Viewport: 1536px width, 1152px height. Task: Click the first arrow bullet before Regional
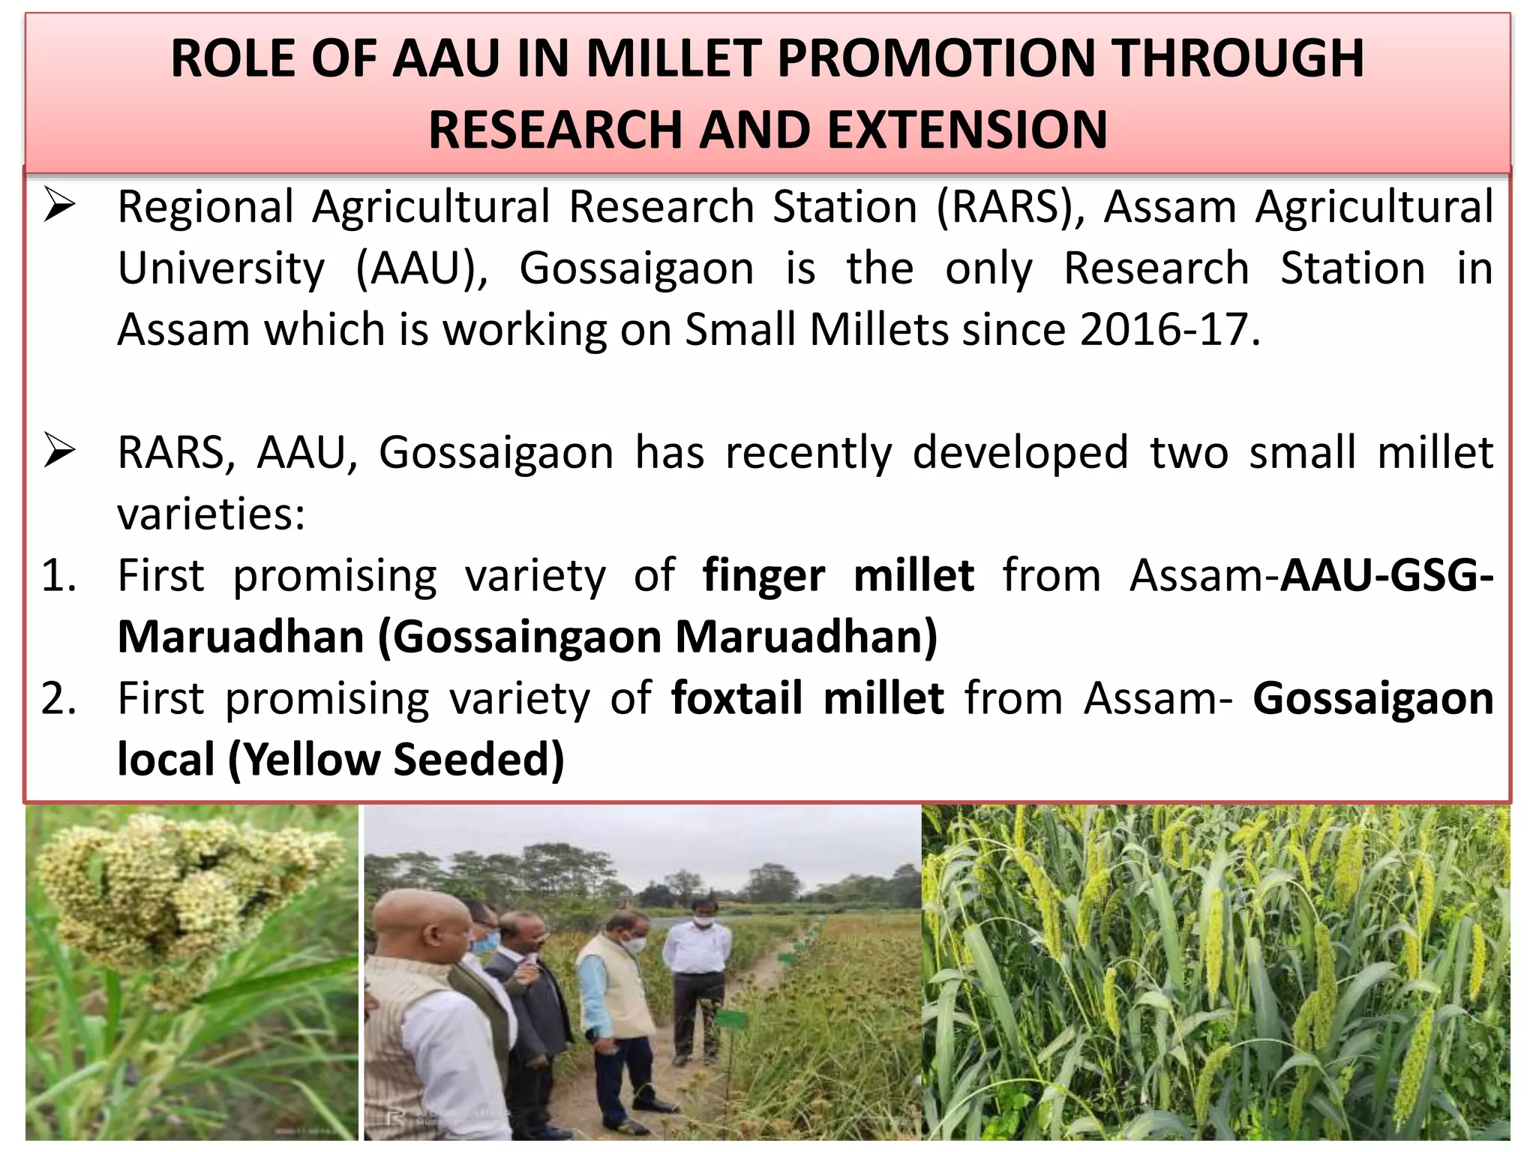[x=60, y=205]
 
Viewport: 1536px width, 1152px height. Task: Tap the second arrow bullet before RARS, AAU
[x=60, y=451]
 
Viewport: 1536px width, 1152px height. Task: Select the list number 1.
[x=58, y=575]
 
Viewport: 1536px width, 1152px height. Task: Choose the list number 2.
[x=58, y=698]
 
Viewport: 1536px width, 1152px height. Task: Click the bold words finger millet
[x=838, y=575]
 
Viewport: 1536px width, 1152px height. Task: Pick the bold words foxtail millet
[x=807, y=698]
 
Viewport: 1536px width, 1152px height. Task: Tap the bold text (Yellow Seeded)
[x=396, y=760]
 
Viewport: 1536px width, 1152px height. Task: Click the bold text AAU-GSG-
[x=1387, y=575]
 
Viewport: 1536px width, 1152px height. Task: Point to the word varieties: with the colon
[x=211, y=514]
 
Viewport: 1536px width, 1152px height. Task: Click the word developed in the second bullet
[x=1020, y=452]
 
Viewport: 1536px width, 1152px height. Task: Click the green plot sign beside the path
[x=731, y=1018]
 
